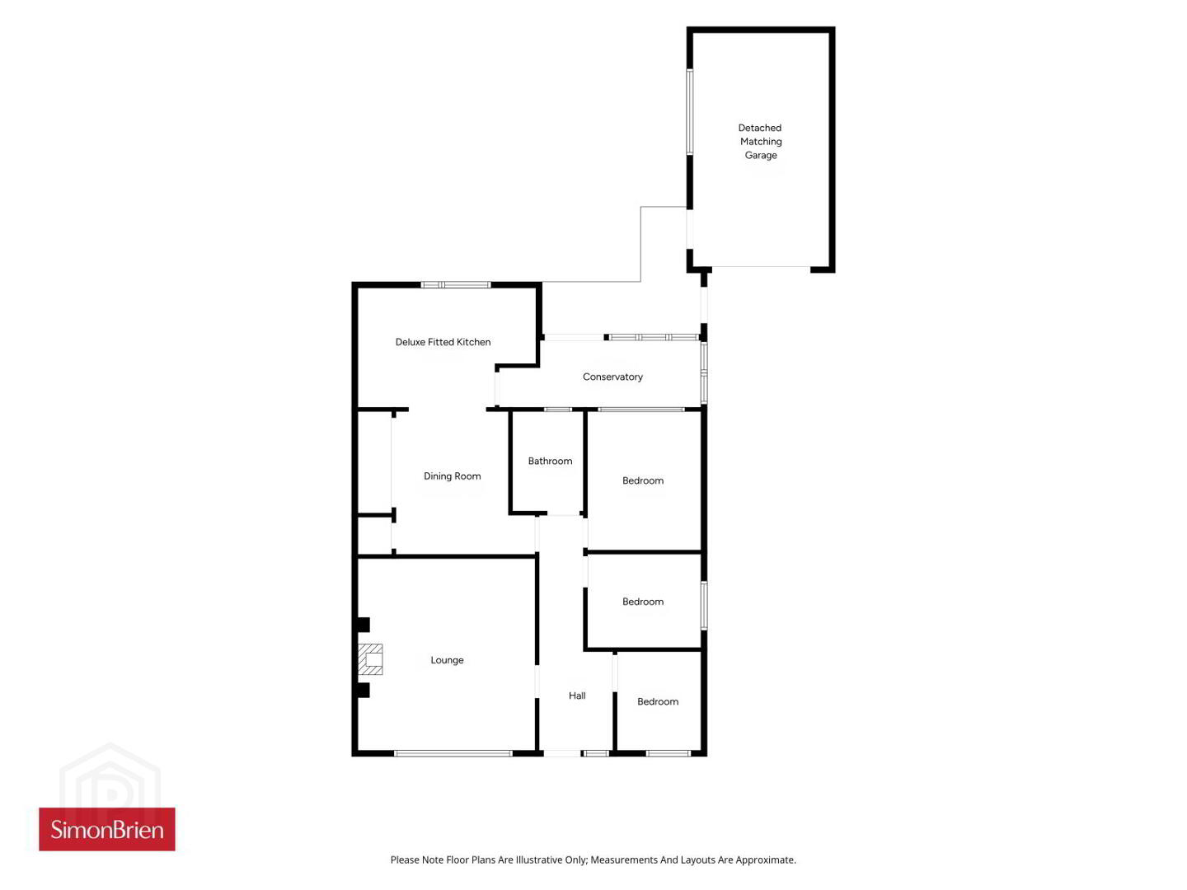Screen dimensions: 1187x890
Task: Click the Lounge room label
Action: [x=447, y=660]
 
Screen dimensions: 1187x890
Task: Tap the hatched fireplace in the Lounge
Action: [x=370, y=659]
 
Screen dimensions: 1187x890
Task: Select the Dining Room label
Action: [x=452, y=476]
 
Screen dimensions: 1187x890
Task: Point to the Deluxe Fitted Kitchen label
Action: [x=443, y=342]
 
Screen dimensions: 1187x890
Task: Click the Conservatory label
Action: [x=612, y=377]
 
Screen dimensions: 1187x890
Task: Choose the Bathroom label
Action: [x=550, y=461]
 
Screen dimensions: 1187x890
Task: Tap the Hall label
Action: [x=577, y=696]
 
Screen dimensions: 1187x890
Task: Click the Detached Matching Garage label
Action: [x=760, y=142]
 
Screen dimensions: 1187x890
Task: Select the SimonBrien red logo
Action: [x=107, y=830]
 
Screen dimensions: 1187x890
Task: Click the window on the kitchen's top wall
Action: [x=456, y=285]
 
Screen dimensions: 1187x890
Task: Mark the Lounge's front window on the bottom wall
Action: [x=453, y=753]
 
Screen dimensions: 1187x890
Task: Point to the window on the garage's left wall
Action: [x=690, y=112]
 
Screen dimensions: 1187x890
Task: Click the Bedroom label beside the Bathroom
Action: [x=642, y=480]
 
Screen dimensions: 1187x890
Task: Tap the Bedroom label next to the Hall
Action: [x=658, y=701]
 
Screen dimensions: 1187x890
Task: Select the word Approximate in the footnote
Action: [x=765, y=860]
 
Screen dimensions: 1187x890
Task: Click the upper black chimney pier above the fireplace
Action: [x=364, y=625]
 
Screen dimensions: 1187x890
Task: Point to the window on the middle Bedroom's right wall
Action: [x=704, y=605]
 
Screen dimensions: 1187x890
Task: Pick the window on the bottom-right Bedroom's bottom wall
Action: [x=669, y=753]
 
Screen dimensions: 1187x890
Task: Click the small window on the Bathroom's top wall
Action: [x=558, y=410]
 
